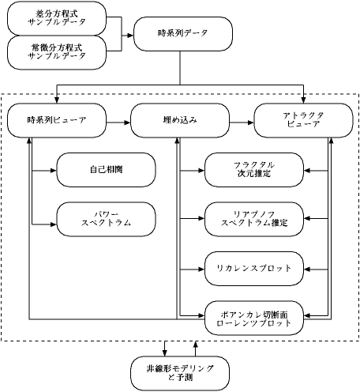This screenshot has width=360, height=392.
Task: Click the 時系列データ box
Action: [183, 34]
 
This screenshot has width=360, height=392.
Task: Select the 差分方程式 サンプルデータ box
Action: [57, 18]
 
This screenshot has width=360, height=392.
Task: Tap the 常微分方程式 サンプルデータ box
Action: [57, 52]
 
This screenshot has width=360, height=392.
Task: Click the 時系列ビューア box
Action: [57, 120]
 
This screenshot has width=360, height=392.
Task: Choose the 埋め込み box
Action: [180, 120]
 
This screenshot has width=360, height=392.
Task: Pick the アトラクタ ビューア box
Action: [303, 120]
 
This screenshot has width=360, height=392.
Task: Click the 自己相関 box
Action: [106, 170]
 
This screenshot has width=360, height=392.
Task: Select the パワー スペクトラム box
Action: [106, 219]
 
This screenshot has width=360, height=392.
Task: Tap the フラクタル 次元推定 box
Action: [254, 170]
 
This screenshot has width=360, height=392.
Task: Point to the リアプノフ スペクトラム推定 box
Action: [254, 219]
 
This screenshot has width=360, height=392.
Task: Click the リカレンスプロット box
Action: [254, 269]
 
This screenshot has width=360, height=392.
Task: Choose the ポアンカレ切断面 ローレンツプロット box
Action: [254, 318]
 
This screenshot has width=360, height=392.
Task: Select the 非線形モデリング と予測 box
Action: [180, 373]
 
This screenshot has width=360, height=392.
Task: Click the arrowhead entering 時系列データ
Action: [130, 35]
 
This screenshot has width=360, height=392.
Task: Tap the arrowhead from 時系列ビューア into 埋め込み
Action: [127, 122]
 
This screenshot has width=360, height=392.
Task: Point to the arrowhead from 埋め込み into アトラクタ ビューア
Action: [251, 122]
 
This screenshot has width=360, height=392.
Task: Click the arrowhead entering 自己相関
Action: [54, 171]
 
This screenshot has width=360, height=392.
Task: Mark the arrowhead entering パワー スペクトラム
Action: [54, 224]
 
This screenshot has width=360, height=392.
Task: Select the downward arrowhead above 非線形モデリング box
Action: [165, 353]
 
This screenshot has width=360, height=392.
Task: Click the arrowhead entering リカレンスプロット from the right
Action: [307, 269]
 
